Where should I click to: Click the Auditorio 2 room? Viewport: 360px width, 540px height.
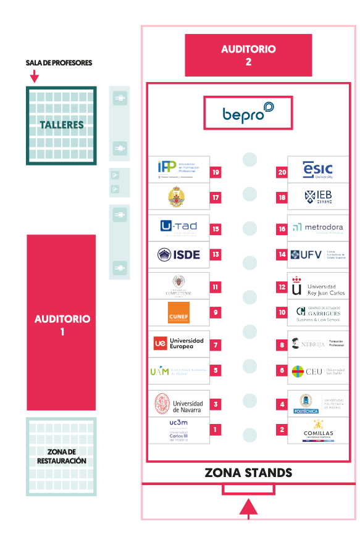point(248,55)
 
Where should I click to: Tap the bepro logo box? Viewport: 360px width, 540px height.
point(248,113)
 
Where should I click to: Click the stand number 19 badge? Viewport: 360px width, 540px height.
point(216,172)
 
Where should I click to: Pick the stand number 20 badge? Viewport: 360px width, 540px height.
point(282,172)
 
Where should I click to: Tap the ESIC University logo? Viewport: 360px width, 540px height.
point(318,169)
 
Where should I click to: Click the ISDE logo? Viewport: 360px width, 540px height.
point(179,254)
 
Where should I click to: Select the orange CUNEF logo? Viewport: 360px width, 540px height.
point(179,313)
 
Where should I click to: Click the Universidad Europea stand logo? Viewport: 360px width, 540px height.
point(179,343)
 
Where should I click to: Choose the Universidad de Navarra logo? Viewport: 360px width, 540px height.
point(179,404)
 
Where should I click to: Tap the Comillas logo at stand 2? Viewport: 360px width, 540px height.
point(318,428)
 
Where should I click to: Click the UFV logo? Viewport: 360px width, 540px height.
point(318,254)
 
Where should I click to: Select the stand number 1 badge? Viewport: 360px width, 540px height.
point(216,429)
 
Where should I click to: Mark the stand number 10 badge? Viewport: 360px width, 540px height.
point(282,313)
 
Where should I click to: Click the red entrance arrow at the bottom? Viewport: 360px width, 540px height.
point(248,507)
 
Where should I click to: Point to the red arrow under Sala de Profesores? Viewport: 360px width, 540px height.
point(35,77)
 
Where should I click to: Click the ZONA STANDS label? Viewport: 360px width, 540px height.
point(248,473)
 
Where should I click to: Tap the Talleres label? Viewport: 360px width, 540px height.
point(61,125)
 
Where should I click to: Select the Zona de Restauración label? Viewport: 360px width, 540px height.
point(61,457)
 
